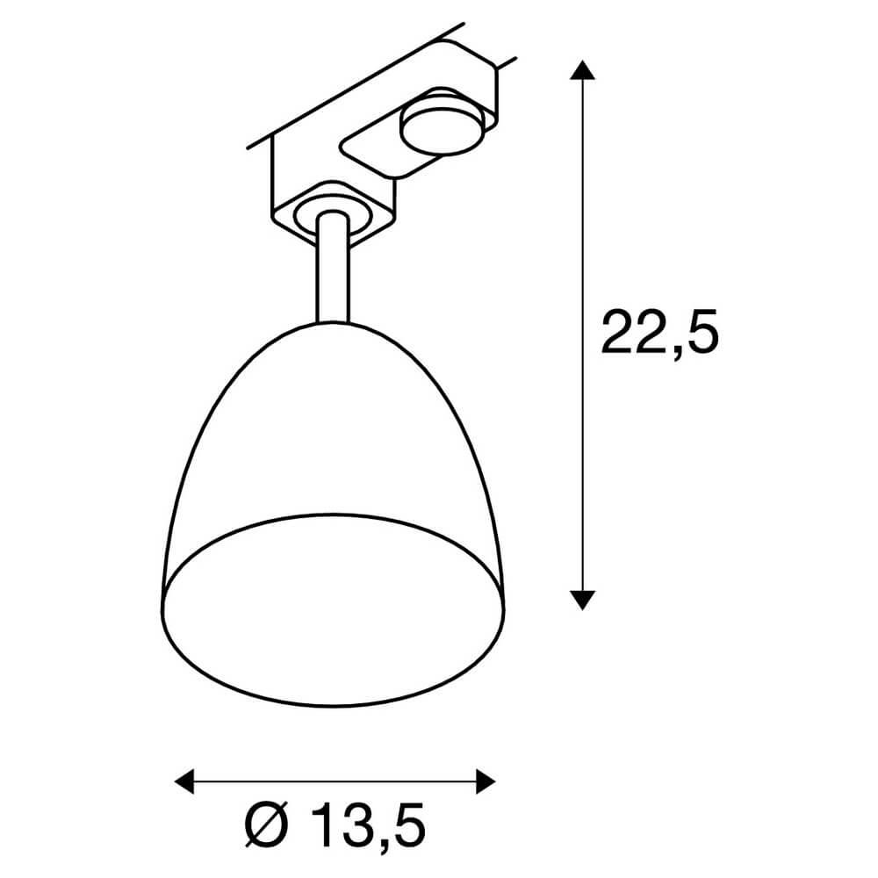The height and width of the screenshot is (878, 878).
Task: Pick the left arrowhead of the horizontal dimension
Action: point(185,780)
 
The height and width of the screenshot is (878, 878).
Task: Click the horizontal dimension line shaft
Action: point(334,780)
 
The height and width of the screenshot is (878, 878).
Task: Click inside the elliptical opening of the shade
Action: point(334,606)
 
